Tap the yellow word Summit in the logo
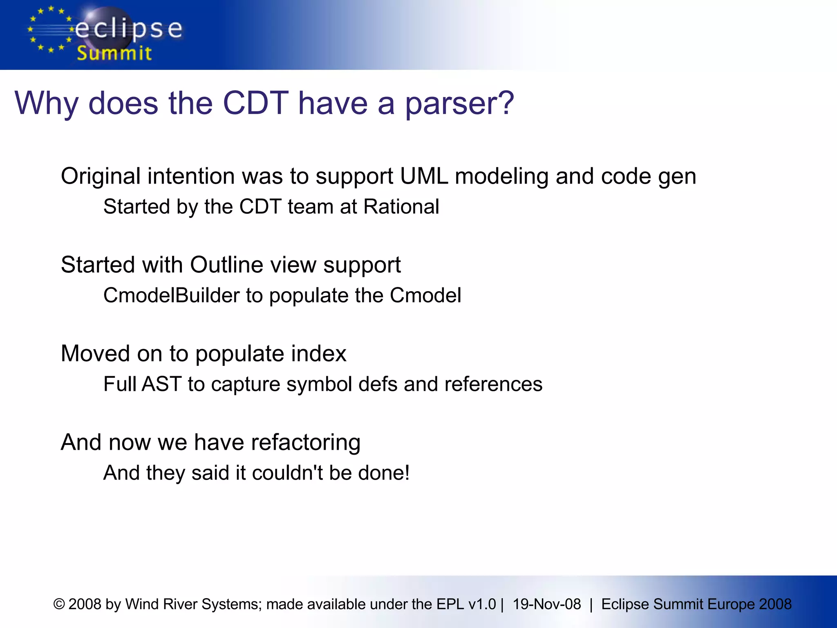114,54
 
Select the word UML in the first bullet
424,176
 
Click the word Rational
401,206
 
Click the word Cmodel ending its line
425,295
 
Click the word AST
161,384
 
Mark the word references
493,384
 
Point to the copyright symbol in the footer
59,604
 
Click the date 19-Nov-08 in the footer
546,604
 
